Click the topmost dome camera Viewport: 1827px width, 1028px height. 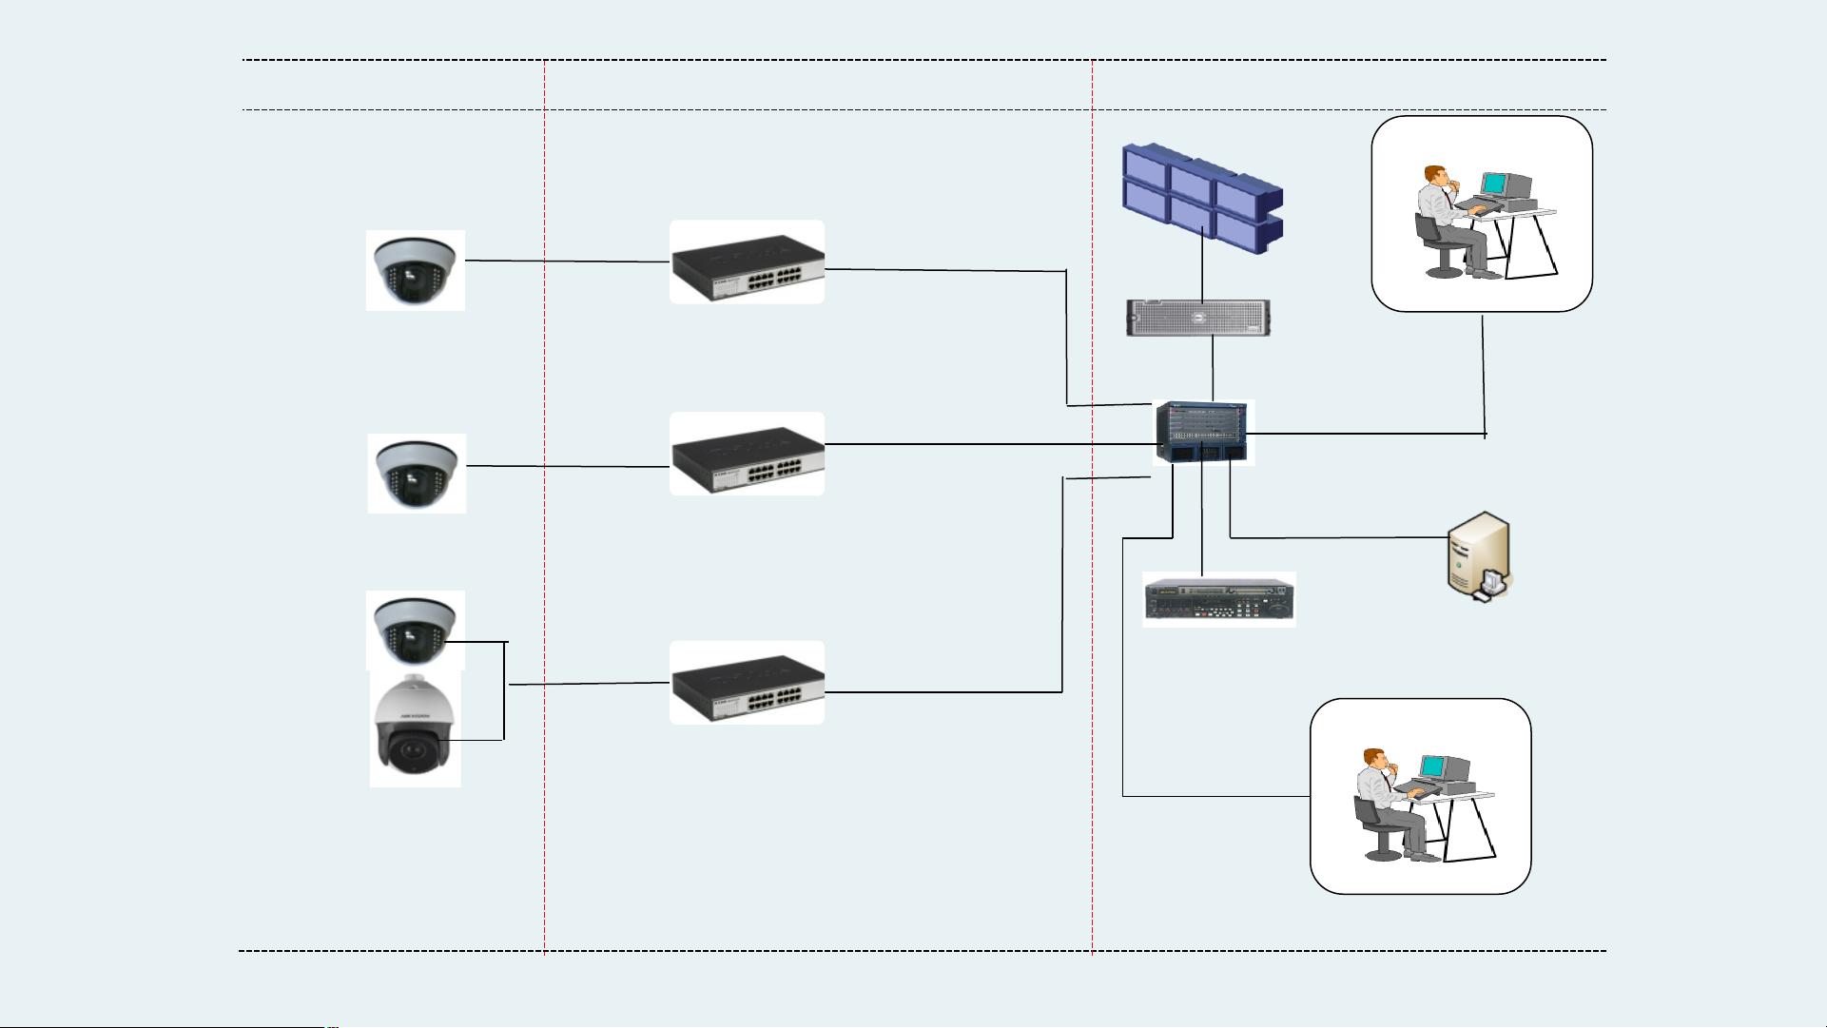(x=416, y=270)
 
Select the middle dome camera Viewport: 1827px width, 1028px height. (x=417, y=474)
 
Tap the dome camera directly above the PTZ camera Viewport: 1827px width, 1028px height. (x=416, y=630)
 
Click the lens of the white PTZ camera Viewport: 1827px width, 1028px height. (x=413, y=751)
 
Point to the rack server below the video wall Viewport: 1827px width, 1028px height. (x=1199, y=318)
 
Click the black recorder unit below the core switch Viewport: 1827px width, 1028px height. (x=1219, y=600)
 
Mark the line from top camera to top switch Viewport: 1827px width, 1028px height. (x=567, y=261)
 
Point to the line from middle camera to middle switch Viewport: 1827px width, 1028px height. (x=567, y=466)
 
